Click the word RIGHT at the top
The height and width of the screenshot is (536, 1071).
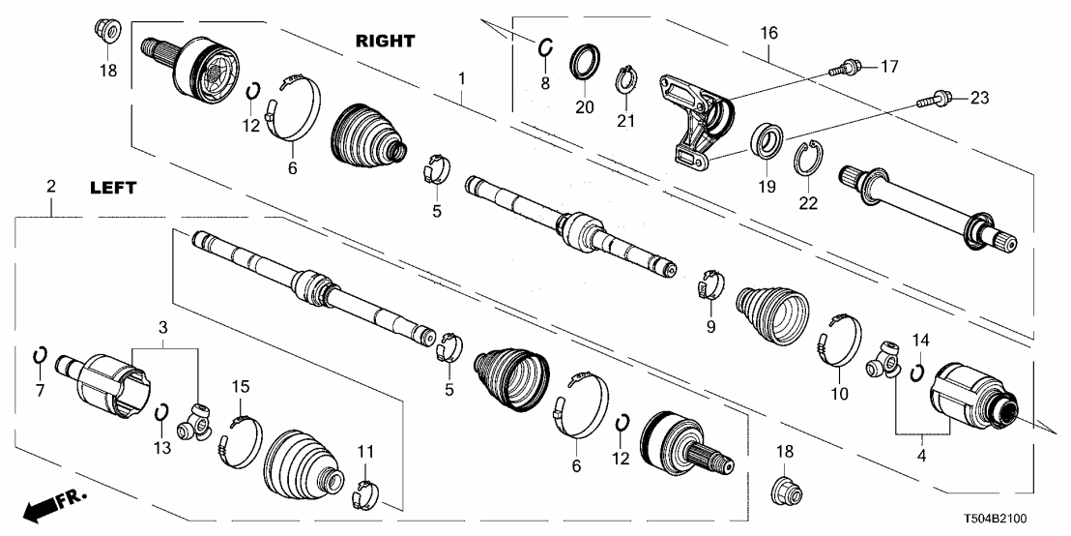click(385, 41)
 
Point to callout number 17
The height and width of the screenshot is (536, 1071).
click(888, 67)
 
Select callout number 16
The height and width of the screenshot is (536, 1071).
click(768, 33)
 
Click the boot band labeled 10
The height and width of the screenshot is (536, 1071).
click(837, 342)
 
